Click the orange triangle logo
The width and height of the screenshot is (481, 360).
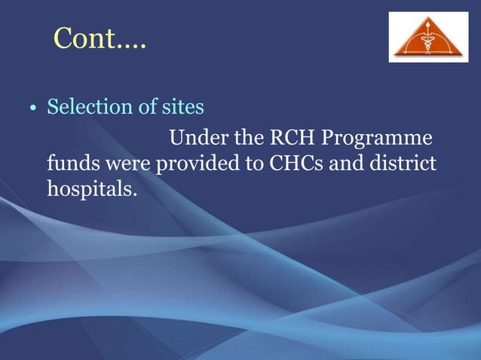tap(427, 37)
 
